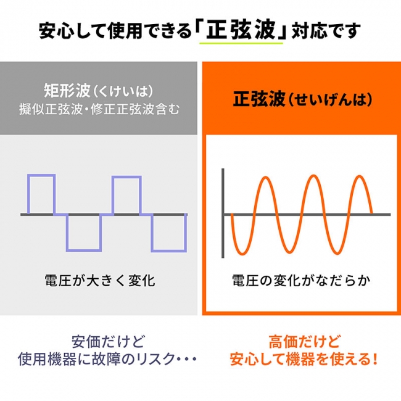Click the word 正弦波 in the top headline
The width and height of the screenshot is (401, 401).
[x=241, y=30]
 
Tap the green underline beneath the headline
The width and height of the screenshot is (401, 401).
[x=241, y=43]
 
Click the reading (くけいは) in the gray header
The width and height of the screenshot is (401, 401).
[x=123, y=91]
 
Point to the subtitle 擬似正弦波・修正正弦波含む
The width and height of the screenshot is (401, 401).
[x=99, y=109]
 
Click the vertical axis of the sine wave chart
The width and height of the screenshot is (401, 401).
[x=223, y=213]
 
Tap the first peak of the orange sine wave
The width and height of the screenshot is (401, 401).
[x=266, y=178]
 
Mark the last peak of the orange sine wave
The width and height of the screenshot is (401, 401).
[x=359, y=176]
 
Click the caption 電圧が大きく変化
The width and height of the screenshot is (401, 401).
[x=100, y=280]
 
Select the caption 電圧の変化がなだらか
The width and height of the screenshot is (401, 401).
[x=301, y=280]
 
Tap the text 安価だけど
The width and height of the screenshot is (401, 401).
[x=108, y=342]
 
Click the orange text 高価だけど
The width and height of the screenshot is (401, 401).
[x=305, y=342]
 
